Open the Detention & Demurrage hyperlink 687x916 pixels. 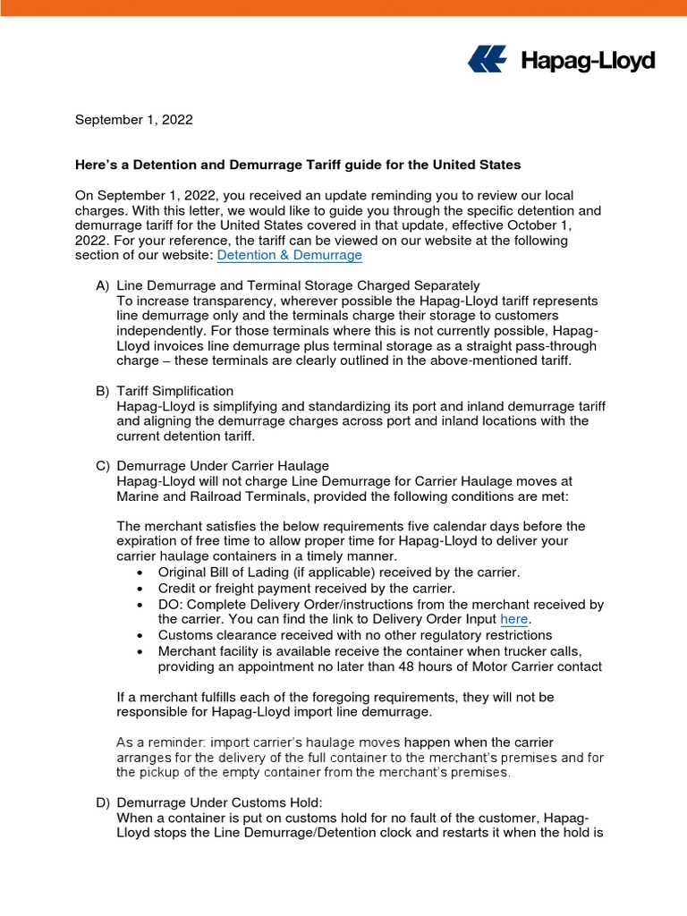tap(290, 255)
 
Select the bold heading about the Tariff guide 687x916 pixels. tap(297, 165)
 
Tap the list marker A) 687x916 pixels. tap(103, 285)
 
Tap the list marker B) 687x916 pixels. tap(103, 391)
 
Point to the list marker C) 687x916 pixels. tap(103, 465)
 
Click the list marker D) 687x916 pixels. tap(103, 802)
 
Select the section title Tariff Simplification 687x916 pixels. tap(175, 391)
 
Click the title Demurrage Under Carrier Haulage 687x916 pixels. tap(223, 465)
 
